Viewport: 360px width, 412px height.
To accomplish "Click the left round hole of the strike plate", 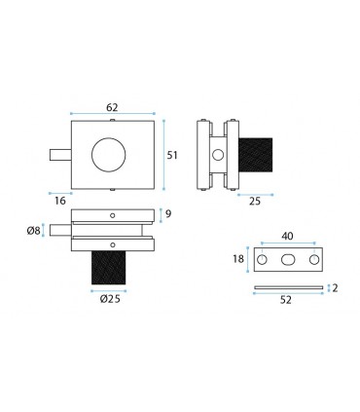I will (x=263, y=260).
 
